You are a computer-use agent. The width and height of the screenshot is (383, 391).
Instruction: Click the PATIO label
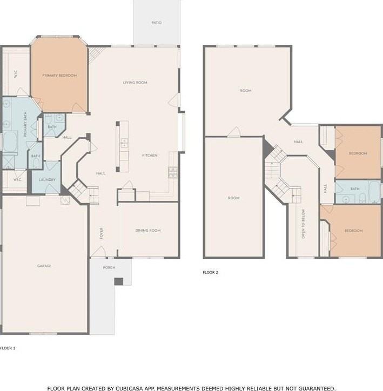coord(157,23)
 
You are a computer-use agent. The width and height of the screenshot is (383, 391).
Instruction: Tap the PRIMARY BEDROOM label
coord(59,76)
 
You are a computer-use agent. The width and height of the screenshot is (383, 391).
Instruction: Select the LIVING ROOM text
coord(135,83)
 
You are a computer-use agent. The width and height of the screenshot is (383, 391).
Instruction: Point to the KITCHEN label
coord(150,156)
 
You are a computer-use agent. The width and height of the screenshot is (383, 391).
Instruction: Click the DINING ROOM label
coord(148,231)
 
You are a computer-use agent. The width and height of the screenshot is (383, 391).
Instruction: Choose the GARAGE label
coord(44,266)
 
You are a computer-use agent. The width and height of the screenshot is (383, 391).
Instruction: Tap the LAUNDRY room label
coord(47,179)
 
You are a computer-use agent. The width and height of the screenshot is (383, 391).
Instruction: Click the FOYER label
coord(101,233)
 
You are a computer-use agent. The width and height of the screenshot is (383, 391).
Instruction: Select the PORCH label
coord(109,267)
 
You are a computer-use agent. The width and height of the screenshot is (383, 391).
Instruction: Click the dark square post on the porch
coord(119,281)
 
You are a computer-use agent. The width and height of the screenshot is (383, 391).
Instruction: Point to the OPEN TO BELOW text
coord(303,224)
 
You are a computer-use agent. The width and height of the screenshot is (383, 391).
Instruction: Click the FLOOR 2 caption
coord(210,272)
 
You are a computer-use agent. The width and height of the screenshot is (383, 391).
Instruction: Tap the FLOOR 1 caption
coord(8,348)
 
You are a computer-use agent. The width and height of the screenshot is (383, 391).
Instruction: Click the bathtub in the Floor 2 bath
coord(374,192)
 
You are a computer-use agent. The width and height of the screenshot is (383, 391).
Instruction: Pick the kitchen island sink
coord(124,143)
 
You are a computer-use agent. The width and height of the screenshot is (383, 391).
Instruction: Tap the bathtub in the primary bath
coord(10,142)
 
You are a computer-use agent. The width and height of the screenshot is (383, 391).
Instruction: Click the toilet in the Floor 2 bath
coord(362,198)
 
